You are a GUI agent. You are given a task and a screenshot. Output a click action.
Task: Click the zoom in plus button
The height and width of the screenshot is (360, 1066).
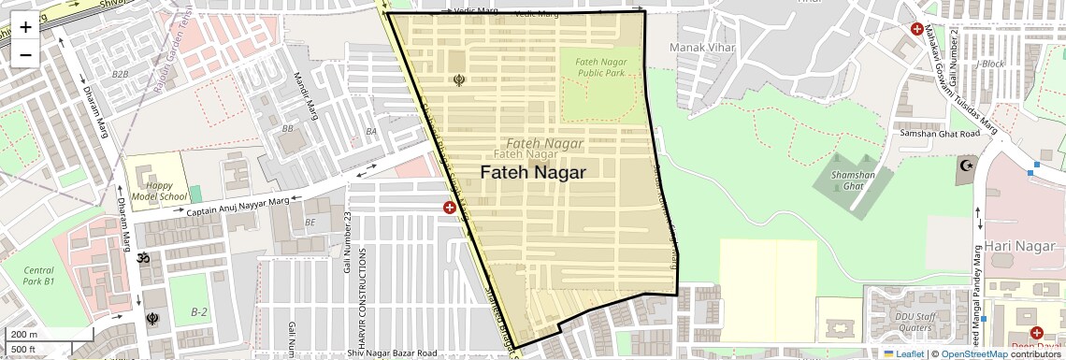pyautogui.click(x=25, y=26)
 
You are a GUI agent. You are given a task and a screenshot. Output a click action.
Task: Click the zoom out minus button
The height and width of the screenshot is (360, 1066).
pyautogui.click(x=25, y=54)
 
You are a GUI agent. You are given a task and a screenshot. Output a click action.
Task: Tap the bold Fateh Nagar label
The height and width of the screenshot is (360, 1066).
pyautogui.click(x=533, y=173)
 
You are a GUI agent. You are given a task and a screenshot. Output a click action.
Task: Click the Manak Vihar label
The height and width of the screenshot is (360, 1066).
pyautogui.click(x=699, y=45)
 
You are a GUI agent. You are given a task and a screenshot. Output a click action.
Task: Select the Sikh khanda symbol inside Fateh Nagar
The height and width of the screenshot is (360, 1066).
pyautogui.click(x=458, y=80)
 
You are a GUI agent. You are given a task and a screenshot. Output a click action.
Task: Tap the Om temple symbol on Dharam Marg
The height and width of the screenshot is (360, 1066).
pyautogui.click(x=144, y=257)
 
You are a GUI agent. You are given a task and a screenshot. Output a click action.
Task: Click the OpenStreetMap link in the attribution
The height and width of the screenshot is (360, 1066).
pyautogui.click(x=973, y=354)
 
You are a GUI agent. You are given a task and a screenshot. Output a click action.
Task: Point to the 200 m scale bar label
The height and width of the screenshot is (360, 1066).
pyautogui.click(x=24, y=335)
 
